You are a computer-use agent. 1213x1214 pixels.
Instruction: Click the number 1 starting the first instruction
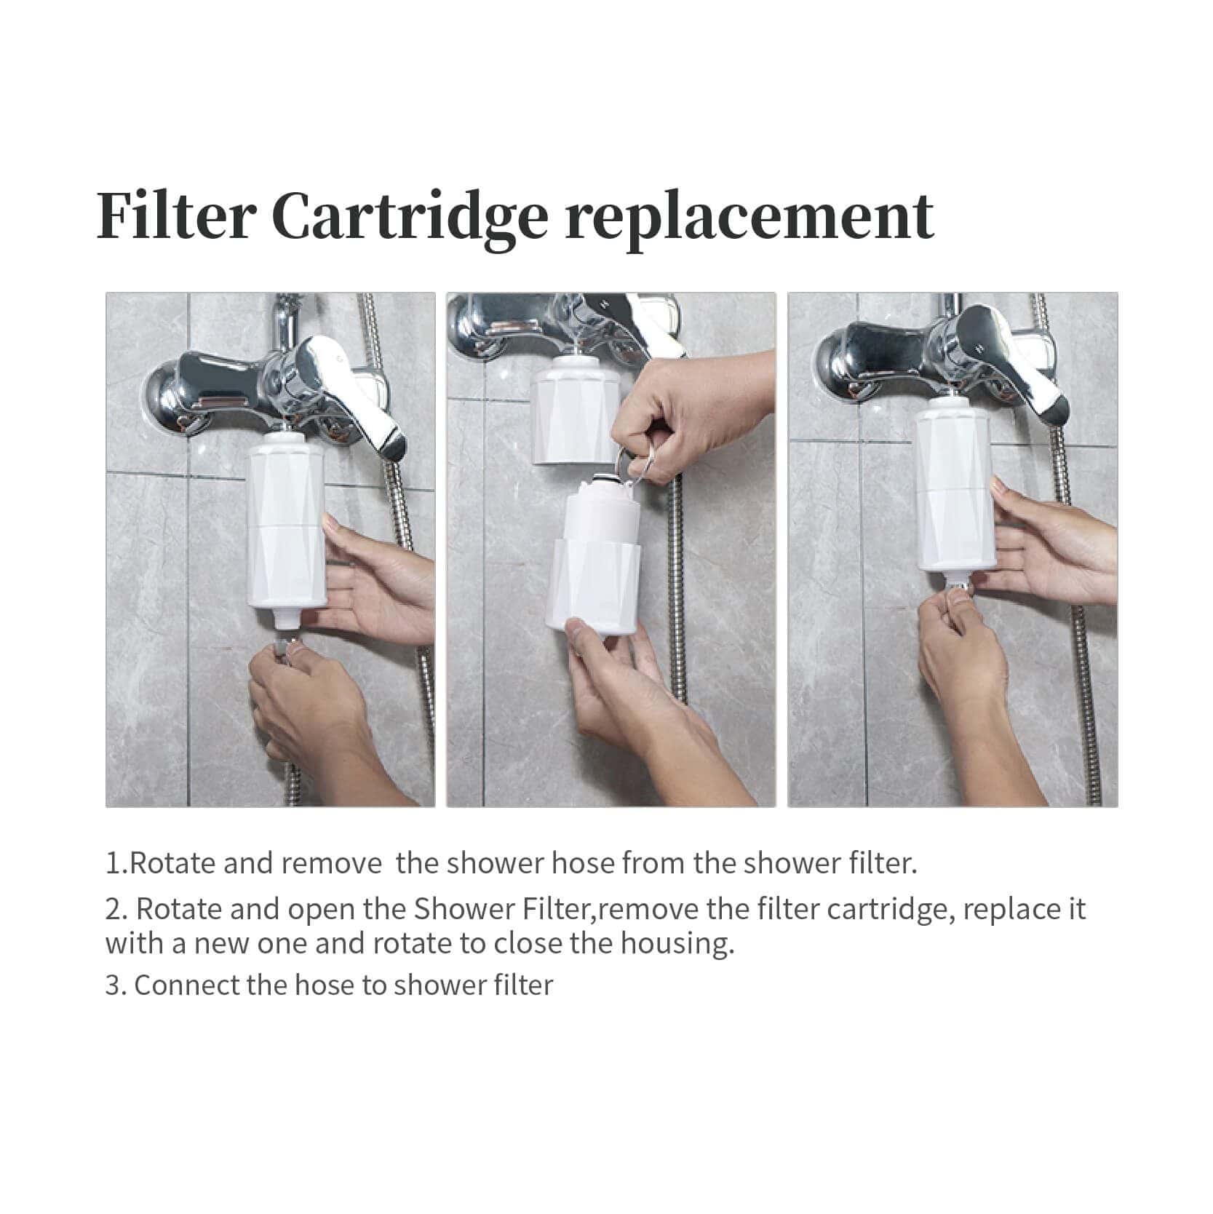(113, 864)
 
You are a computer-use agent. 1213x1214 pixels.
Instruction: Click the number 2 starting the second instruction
(114, 910)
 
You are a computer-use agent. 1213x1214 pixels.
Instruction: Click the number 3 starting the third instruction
(113, 986)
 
